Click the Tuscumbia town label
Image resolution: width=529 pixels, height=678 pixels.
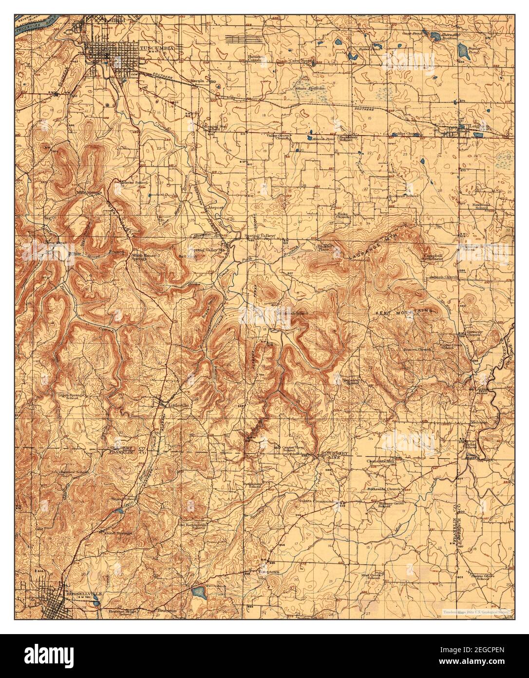154,48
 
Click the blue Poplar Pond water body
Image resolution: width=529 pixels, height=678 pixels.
463,49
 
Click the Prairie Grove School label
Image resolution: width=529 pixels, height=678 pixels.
475,577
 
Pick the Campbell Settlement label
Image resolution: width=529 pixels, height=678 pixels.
433,257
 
